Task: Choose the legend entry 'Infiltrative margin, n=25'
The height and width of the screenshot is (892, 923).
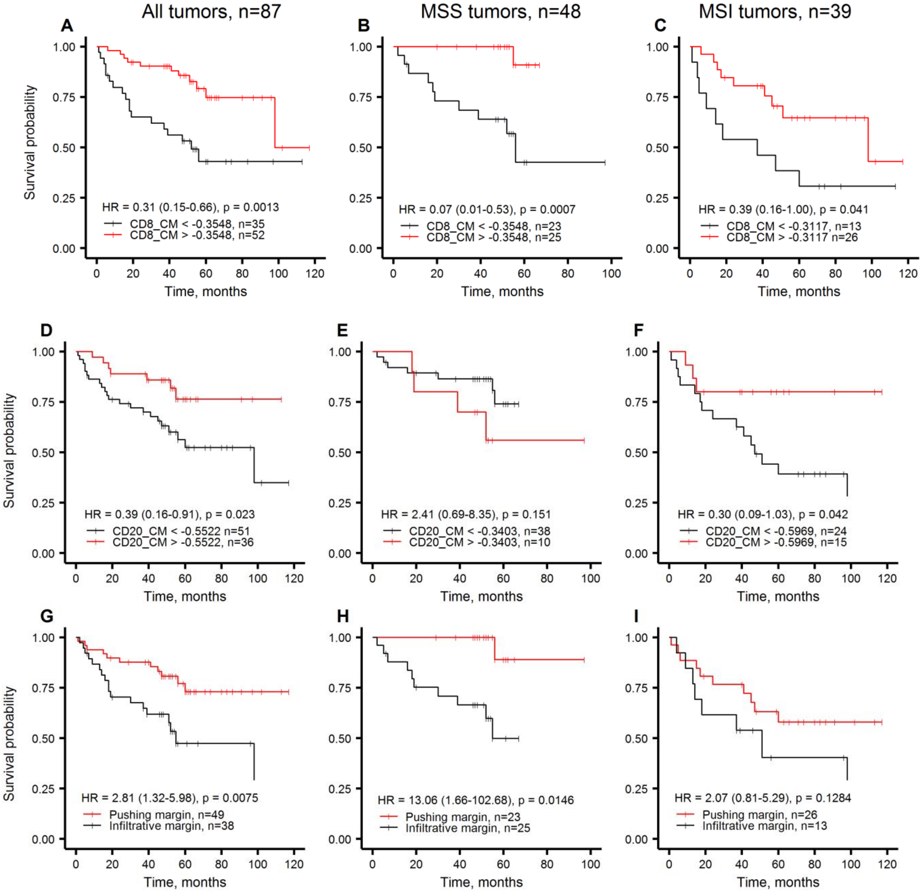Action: tap(468, 828)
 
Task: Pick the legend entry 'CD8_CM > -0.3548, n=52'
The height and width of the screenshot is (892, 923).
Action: tap(197, 235)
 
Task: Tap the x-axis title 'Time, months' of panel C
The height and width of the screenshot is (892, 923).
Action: tap(799, 291)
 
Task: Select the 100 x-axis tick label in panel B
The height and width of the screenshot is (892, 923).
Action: tap(611, 274)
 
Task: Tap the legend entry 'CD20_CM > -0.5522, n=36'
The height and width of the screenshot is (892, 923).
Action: tap(183, 542)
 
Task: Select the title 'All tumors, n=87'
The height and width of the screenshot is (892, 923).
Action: tap(211, 11)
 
